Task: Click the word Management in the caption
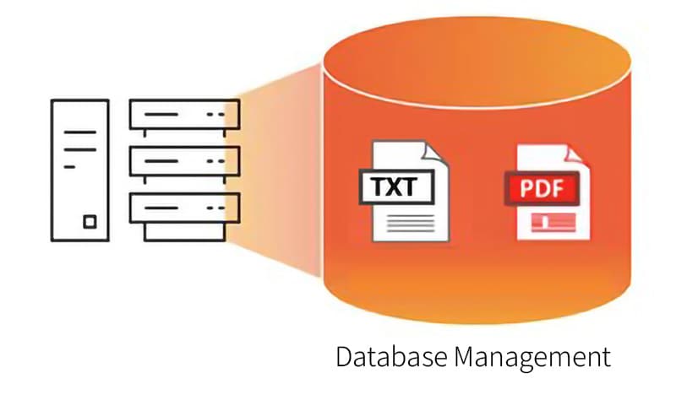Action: click(532, 358)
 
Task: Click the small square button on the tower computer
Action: click(90, 223)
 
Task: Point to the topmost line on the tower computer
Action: click(79, 132)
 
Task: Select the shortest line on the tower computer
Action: click(70, 168)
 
